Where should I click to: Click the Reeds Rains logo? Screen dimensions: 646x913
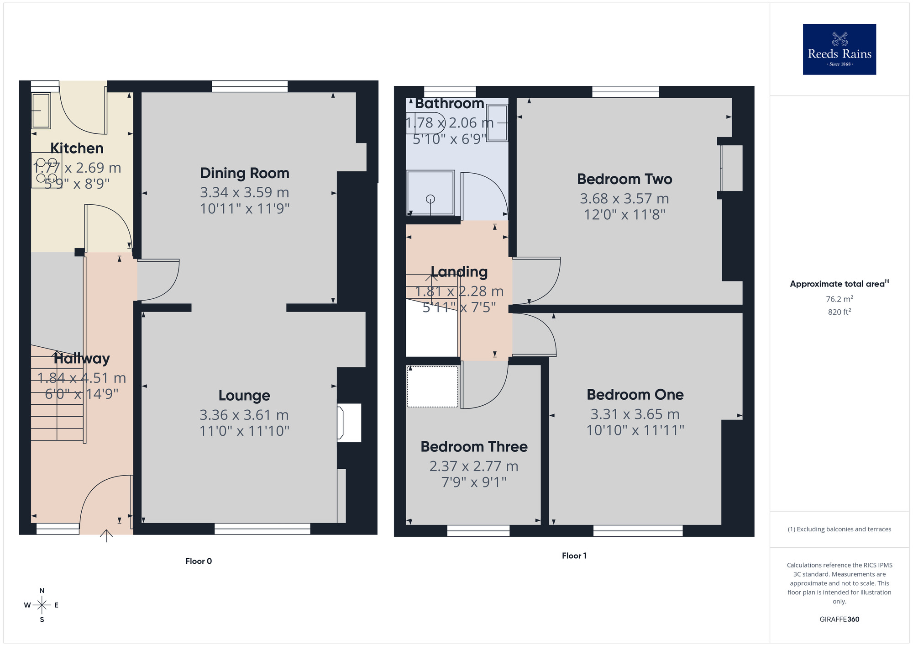[839, 49]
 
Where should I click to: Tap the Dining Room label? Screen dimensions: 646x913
[245, 173]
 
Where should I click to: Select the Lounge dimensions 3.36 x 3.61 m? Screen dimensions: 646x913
[244, 415]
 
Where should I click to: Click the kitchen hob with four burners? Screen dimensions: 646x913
[47, 171]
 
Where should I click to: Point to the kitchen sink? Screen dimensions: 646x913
[41, 111]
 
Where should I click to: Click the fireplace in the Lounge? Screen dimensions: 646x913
[349, 423]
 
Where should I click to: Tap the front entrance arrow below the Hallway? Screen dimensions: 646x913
[106, 535]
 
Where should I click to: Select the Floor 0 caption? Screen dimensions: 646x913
[199, 561]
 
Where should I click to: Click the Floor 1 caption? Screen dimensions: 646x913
[574, 556]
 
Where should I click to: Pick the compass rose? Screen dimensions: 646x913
[42, 605]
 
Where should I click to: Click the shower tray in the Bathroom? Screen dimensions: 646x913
[430, 193]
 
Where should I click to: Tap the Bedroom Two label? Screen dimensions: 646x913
[624, 179]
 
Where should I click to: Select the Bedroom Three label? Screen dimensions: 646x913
[474, 446]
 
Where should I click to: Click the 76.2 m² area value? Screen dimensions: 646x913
[839, 299]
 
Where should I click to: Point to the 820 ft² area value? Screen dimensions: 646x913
[839, 312]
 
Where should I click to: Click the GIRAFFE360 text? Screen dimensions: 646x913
[839, 620]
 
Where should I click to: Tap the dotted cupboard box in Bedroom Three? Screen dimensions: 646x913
[432, 387]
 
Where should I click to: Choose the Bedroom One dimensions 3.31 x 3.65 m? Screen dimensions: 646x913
[635, 414]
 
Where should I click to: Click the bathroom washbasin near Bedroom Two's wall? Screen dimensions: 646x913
[497, 123]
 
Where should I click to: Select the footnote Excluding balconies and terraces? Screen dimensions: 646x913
[839, 529]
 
